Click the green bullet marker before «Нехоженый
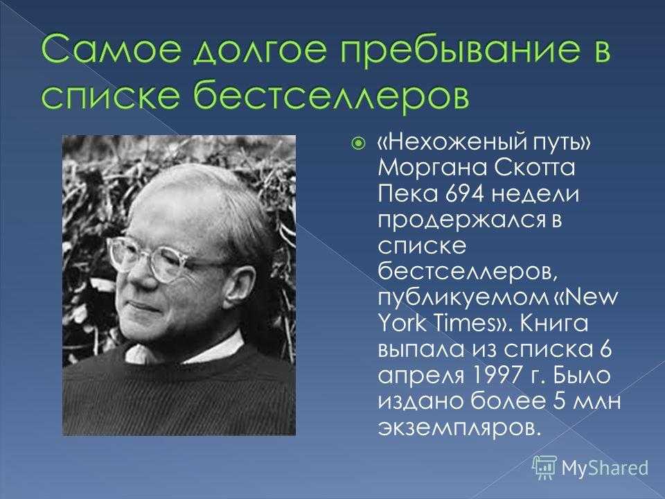point(358,144)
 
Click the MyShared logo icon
point(544,468)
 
